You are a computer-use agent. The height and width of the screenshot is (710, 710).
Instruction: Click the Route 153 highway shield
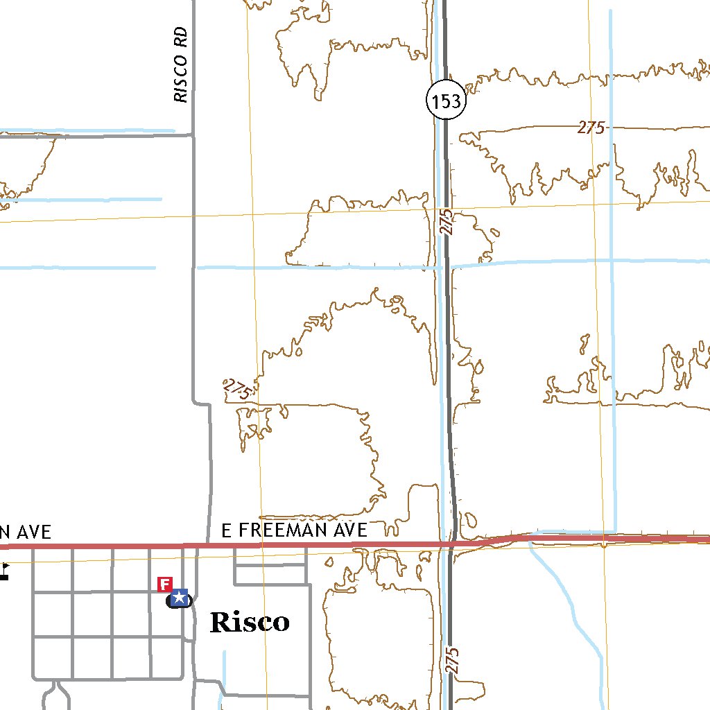point(444,102)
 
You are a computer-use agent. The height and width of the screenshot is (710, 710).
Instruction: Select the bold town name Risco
point(250,622)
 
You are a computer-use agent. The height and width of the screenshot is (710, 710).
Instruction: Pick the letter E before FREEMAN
point(226,531)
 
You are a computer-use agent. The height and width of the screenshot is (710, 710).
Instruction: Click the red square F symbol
point(165,584)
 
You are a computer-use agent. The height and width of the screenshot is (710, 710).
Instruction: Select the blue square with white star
point(180,597)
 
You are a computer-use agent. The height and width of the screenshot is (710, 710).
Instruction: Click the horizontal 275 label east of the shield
point(591,128)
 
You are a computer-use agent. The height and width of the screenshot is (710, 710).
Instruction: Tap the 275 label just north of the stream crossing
point(447,222)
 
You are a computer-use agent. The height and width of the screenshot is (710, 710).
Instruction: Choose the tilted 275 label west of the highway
point(237,390)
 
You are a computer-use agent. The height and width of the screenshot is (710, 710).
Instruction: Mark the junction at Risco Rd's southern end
point(192,135)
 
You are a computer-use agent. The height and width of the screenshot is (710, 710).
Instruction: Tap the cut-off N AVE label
point(25,532)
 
